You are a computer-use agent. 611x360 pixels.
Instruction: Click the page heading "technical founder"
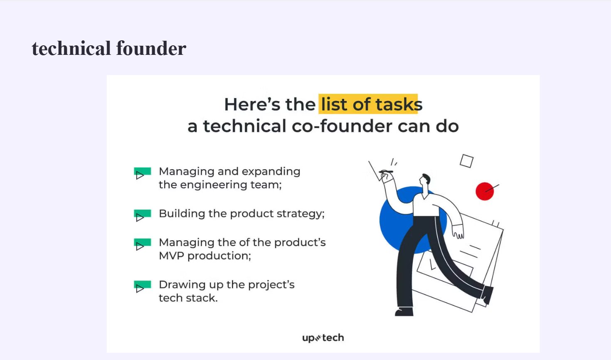[109, 48]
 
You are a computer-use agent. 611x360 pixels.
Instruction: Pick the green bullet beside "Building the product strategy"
[142, 215]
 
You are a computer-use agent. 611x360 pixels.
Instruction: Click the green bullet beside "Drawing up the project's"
[142, 286]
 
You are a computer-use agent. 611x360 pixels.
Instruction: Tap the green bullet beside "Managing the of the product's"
[142, 244]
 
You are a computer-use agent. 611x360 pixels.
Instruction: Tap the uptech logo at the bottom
[323, 338]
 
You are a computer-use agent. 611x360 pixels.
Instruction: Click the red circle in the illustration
[485, 191]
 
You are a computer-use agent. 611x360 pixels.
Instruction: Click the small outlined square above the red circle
[466, 161]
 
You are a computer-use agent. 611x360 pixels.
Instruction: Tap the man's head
[425, 180]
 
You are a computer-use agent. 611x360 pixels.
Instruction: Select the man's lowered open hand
[458, 232]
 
